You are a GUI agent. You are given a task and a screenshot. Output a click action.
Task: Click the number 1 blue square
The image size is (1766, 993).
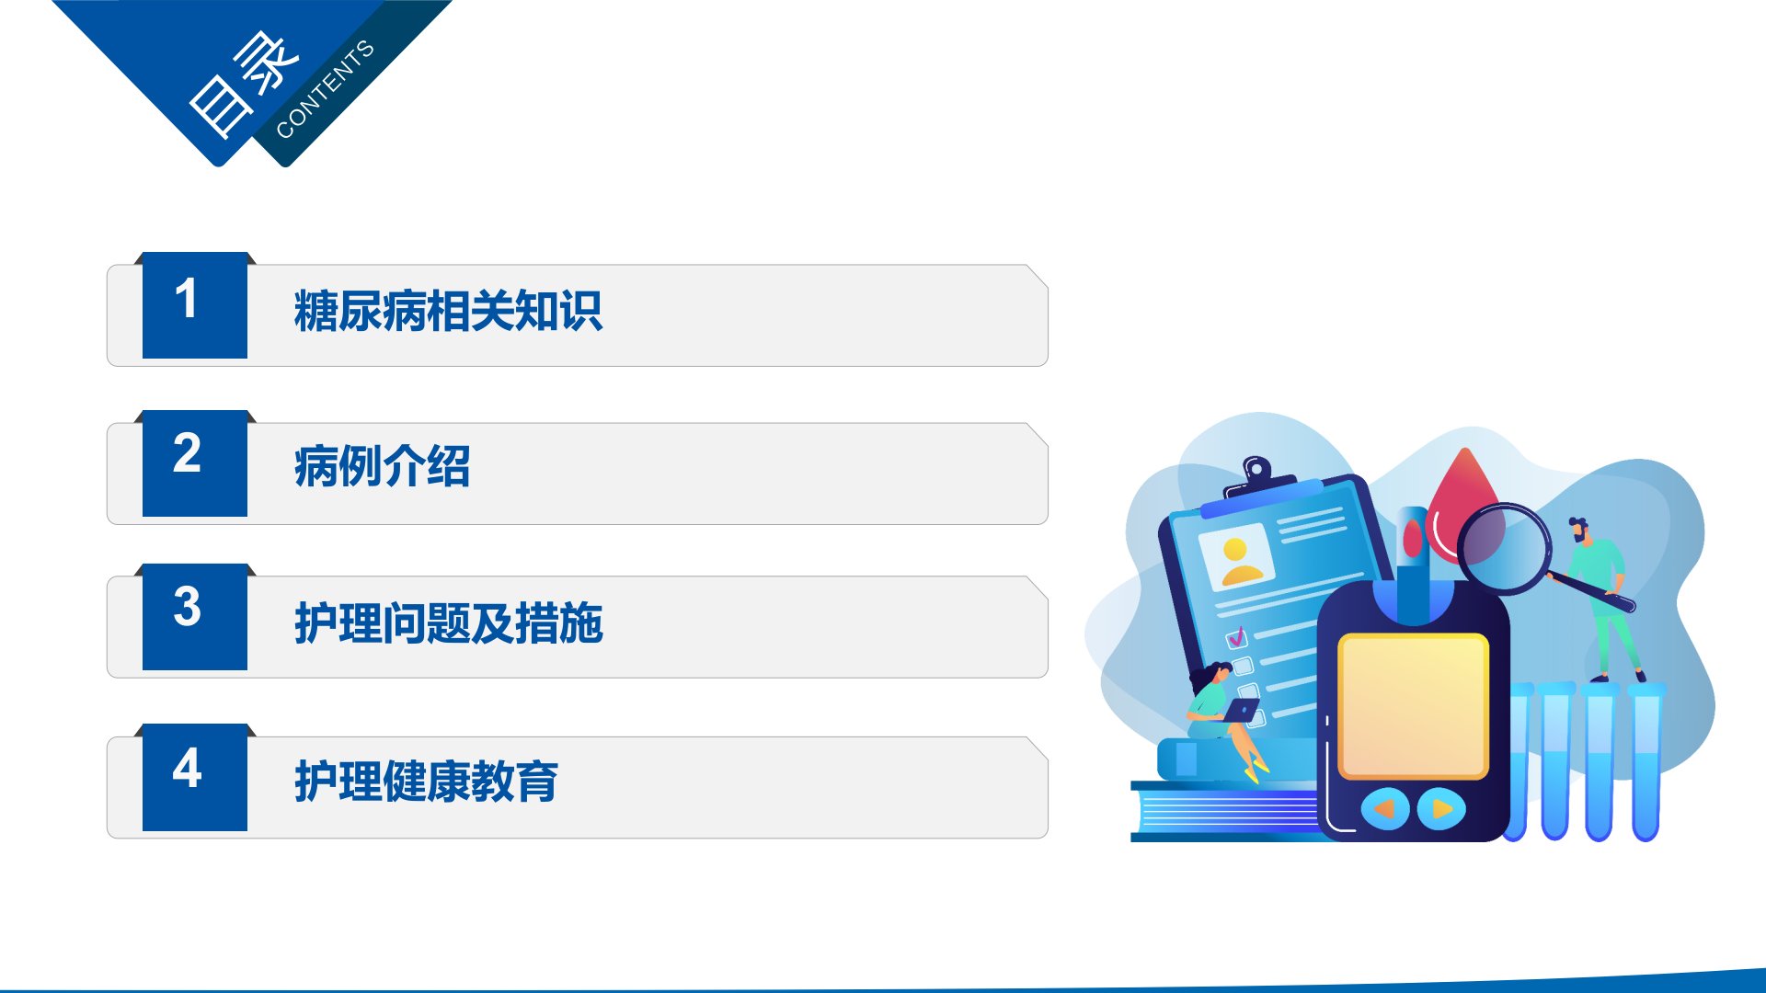click(195, 305)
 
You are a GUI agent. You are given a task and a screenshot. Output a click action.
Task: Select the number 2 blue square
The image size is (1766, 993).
click(195, 463)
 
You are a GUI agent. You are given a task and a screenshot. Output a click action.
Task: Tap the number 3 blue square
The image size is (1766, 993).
click(195, 617)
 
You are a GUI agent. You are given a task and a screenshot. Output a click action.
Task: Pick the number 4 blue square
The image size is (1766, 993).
click(195, 777)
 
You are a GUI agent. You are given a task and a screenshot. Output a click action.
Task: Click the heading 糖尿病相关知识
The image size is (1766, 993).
click(448, 311)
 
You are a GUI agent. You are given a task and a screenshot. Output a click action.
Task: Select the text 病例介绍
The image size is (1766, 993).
click(382, 466)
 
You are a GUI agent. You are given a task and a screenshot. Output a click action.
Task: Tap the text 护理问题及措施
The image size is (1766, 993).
click(448, 623)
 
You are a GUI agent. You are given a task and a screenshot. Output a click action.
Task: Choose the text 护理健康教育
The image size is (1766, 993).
click(426, 782)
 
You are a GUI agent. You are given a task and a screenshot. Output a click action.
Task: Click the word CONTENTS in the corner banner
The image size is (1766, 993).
click(325, 89)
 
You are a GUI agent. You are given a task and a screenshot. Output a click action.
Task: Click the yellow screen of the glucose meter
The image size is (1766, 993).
click(1414, 706)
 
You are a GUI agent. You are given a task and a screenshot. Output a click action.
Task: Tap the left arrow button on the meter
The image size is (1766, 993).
click(1384, 809)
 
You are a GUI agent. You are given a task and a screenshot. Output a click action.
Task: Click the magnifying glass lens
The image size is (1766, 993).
click(1504, 548)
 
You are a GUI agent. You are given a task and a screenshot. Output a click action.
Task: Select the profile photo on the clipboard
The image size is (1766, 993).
click(1236, 557)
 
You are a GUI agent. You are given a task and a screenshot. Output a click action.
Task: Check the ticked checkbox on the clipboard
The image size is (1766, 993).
click(1237, 636)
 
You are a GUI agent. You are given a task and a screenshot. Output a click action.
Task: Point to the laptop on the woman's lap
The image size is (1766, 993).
click(1241, 710)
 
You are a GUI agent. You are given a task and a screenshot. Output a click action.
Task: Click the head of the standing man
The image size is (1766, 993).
click(1578, 530)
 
